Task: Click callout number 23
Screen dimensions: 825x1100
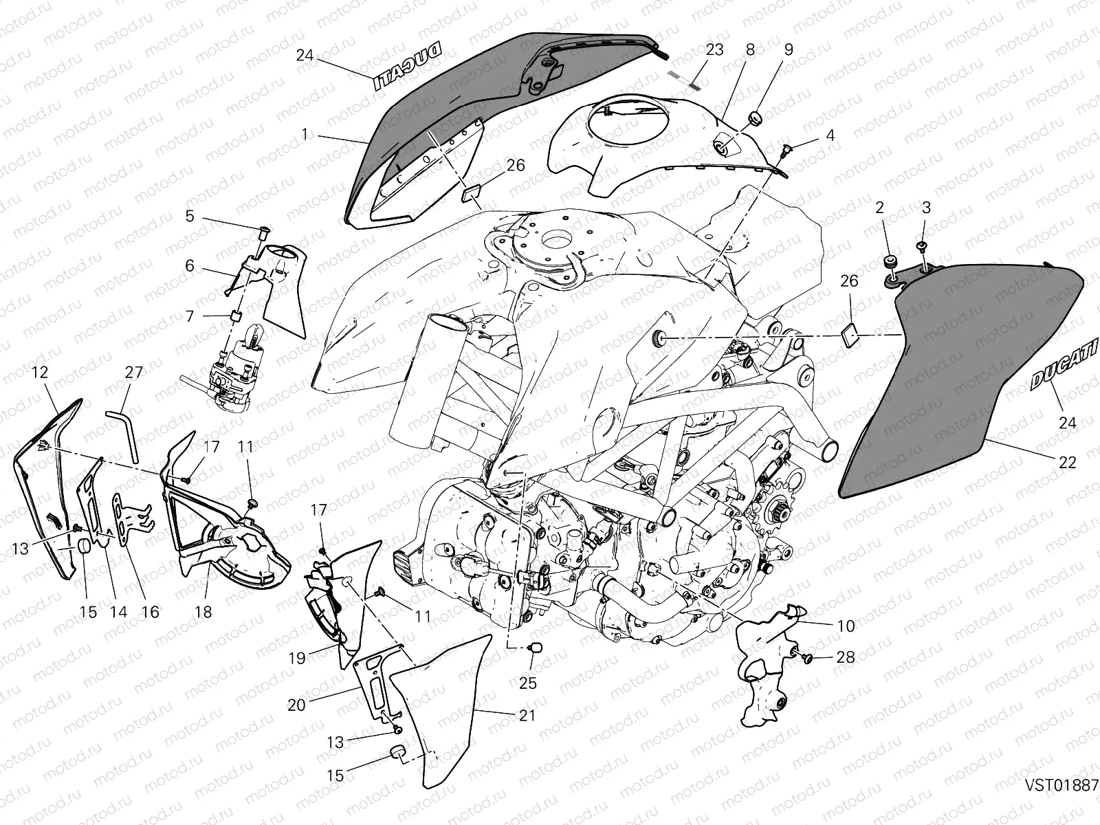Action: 714,49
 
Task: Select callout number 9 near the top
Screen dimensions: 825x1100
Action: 789,49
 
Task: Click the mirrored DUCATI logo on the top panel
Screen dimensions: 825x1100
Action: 408,67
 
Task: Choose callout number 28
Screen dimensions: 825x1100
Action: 845,657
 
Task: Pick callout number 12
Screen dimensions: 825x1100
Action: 39,372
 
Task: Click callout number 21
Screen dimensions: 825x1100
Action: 527,715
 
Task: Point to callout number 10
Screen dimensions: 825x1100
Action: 846,626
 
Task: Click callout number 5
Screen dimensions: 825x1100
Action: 190,217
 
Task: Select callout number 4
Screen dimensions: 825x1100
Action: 830,135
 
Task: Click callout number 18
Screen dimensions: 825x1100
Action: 203,611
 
